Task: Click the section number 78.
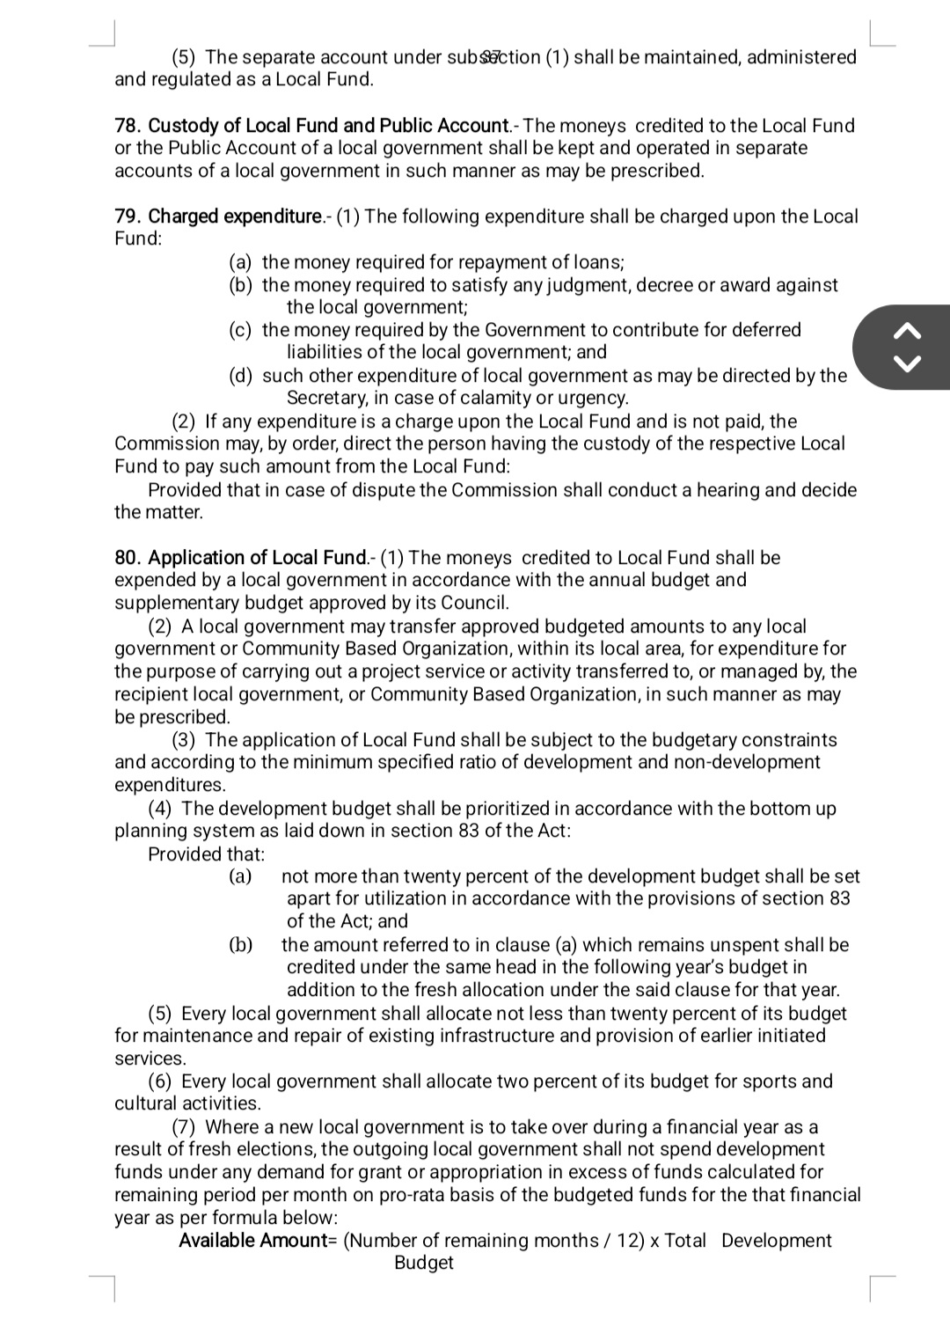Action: point(128,126)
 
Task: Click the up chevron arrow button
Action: point(909,331)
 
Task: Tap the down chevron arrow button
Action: point(909,363)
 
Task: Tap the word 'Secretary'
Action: point(326,398)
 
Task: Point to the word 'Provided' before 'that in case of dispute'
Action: point(185,490)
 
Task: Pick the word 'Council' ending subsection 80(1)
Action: point(474,603)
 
